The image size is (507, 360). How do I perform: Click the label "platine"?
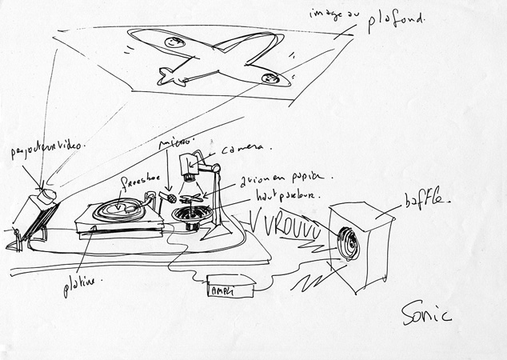[82, 286]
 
